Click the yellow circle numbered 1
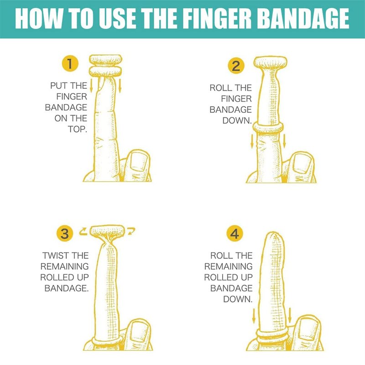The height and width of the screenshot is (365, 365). coord(70,63)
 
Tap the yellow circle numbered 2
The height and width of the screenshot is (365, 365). coord(236,66)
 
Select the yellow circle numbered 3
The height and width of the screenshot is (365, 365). coord(65,234)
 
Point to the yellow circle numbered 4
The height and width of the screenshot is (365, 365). coord(235,234)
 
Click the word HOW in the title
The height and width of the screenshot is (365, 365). coord(37,19)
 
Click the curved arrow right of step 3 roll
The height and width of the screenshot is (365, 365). coord(131,230)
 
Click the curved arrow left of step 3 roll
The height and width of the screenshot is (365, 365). coord(83,231)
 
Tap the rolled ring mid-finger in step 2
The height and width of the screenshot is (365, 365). coord(268,128)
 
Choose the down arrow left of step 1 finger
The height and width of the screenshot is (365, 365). coord(91,85)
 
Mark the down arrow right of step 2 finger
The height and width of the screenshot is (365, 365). coord(284,141)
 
